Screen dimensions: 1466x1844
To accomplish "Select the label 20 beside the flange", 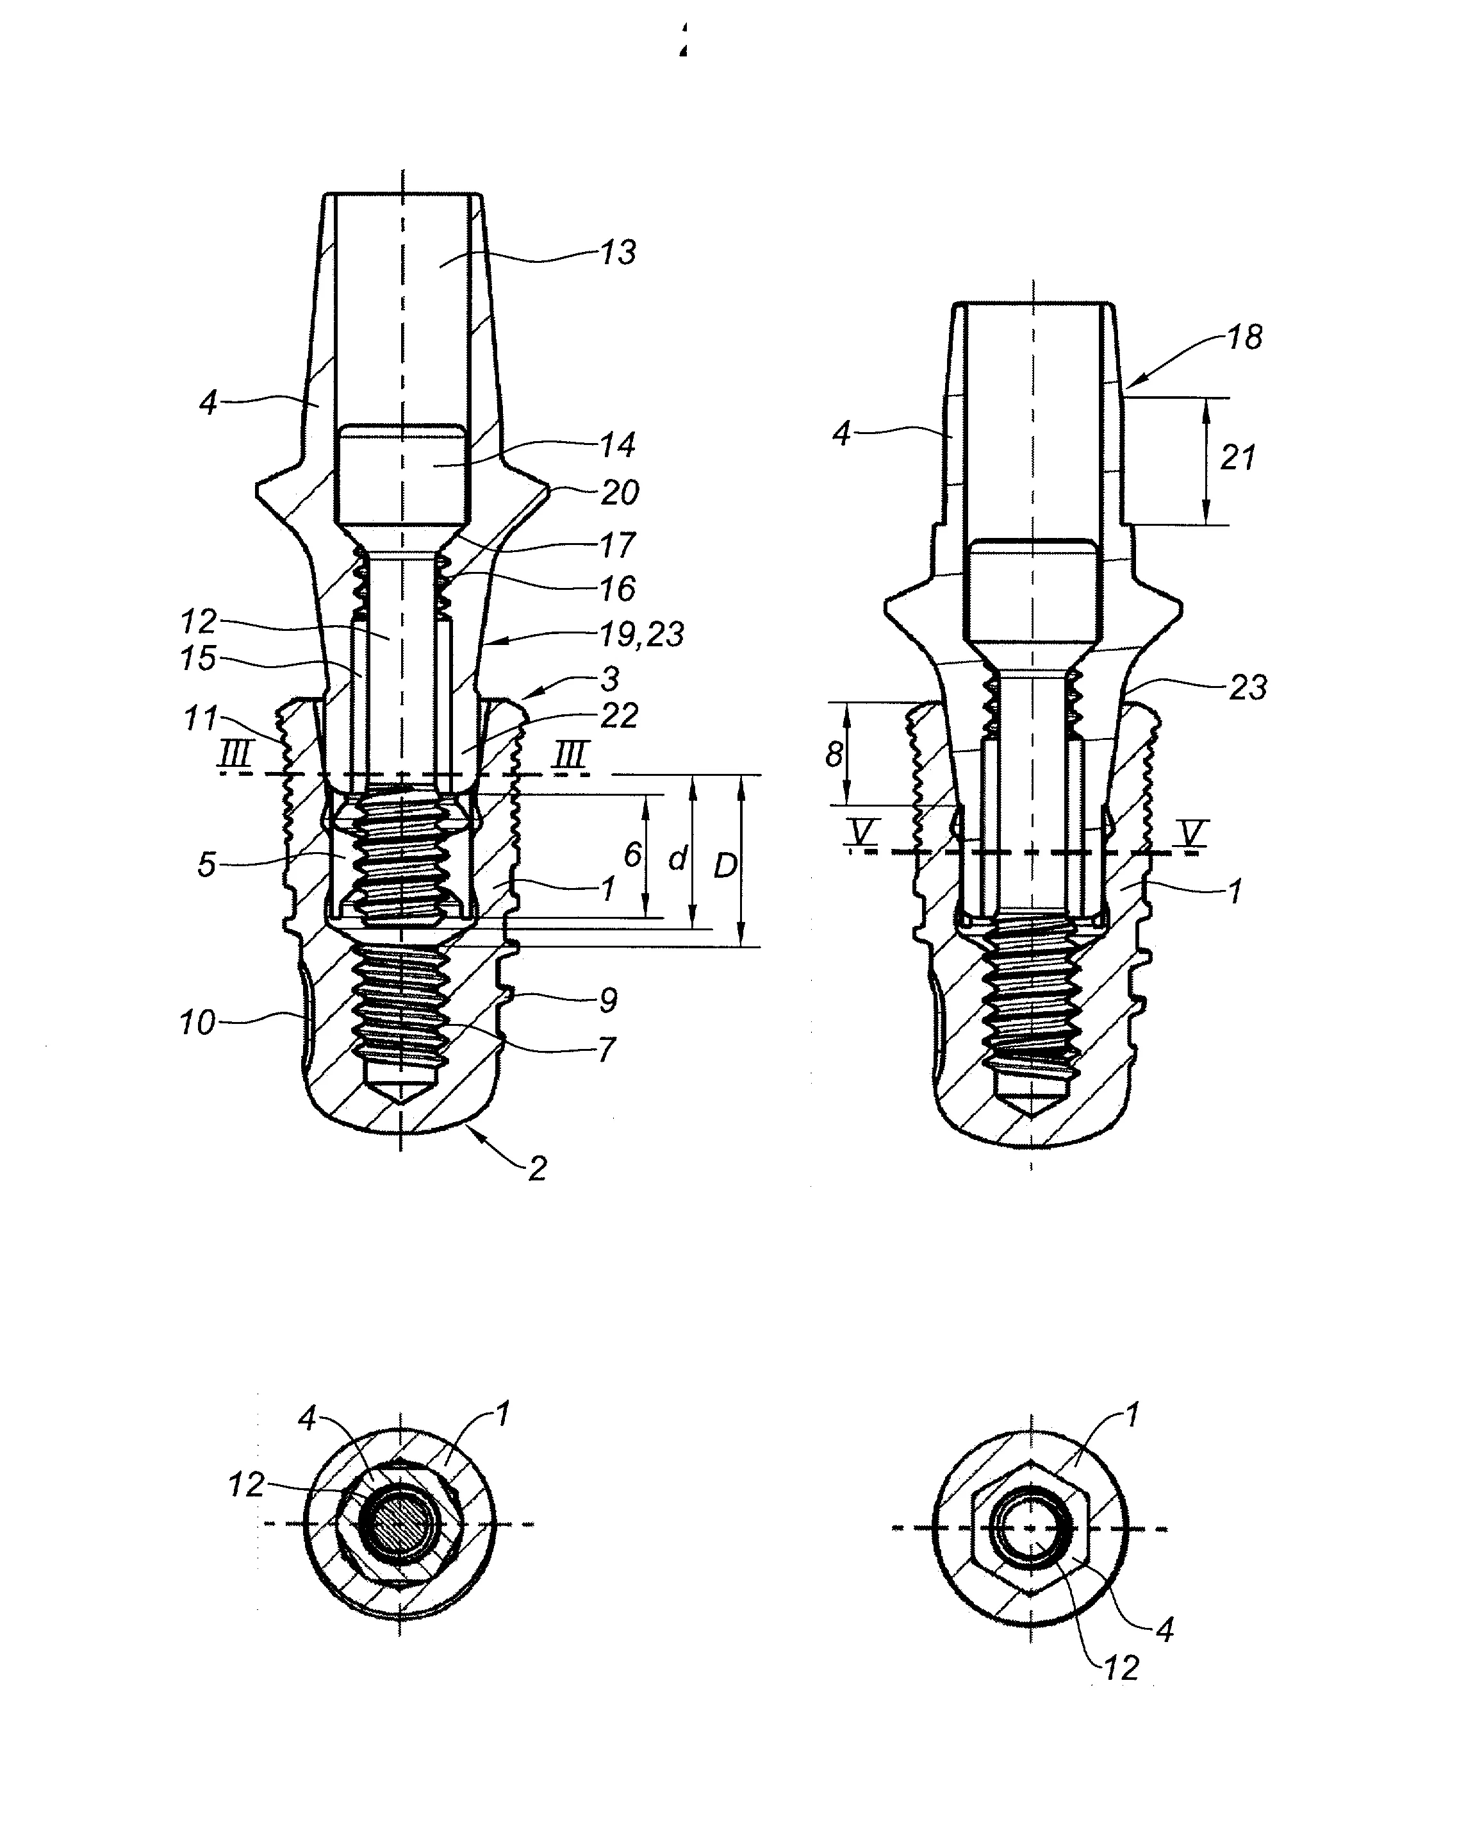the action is pyautogui.click(x=619, y=492).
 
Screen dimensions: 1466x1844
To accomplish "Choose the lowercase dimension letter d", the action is pyautogui.click(x=678, y=858).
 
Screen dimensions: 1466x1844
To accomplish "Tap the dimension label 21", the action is pyautogui.click(x=1238, y=458).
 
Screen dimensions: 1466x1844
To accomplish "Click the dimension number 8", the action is pyautogui.click(x=834, y=755).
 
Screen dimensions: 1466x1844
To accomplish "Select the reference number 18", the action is pyautogui.click(x=1244, y=337).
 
